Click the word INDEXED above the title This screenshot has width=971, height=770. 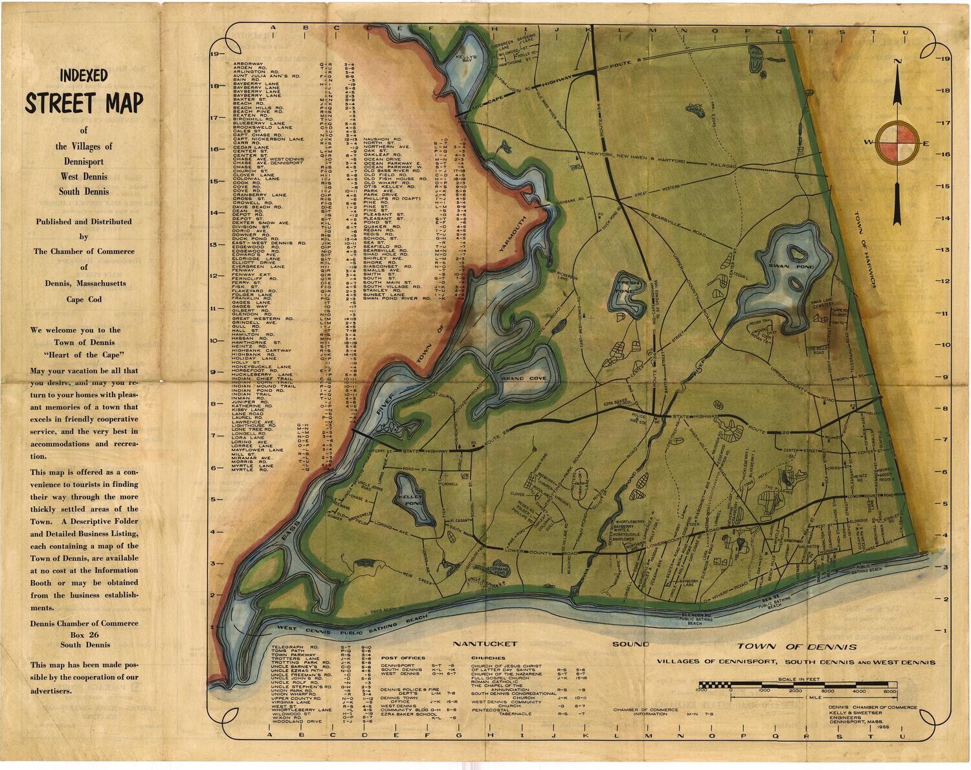click(x=84, y=76)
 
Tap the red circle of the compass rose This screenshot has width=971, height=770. click(x=897, y=142)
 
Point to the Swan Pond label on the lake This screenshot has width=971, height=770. click(x=782, y=267)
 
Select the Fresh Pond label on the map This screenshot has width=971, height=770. click(x=627, y=286)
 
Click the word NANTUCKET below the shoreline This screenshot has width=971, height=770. click(x=485, y=644)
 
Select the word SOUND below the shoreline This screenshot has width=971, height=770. click(x=631, y=644)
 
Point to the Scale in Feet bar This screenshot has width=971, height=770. click(x=797, y=685)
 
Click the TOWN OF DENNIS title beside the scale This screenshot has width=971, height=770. click(x=796, y=647)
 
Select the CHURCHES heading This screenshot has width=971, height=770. click(x=488, y=658)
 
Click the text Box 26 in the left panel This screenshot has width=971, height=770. click(x=84, y=634)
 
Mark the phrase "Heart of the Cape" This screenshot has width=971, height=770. click(x=84, y=355)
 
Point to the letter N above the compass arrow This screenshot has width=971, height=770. click(x=897, y=62)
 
